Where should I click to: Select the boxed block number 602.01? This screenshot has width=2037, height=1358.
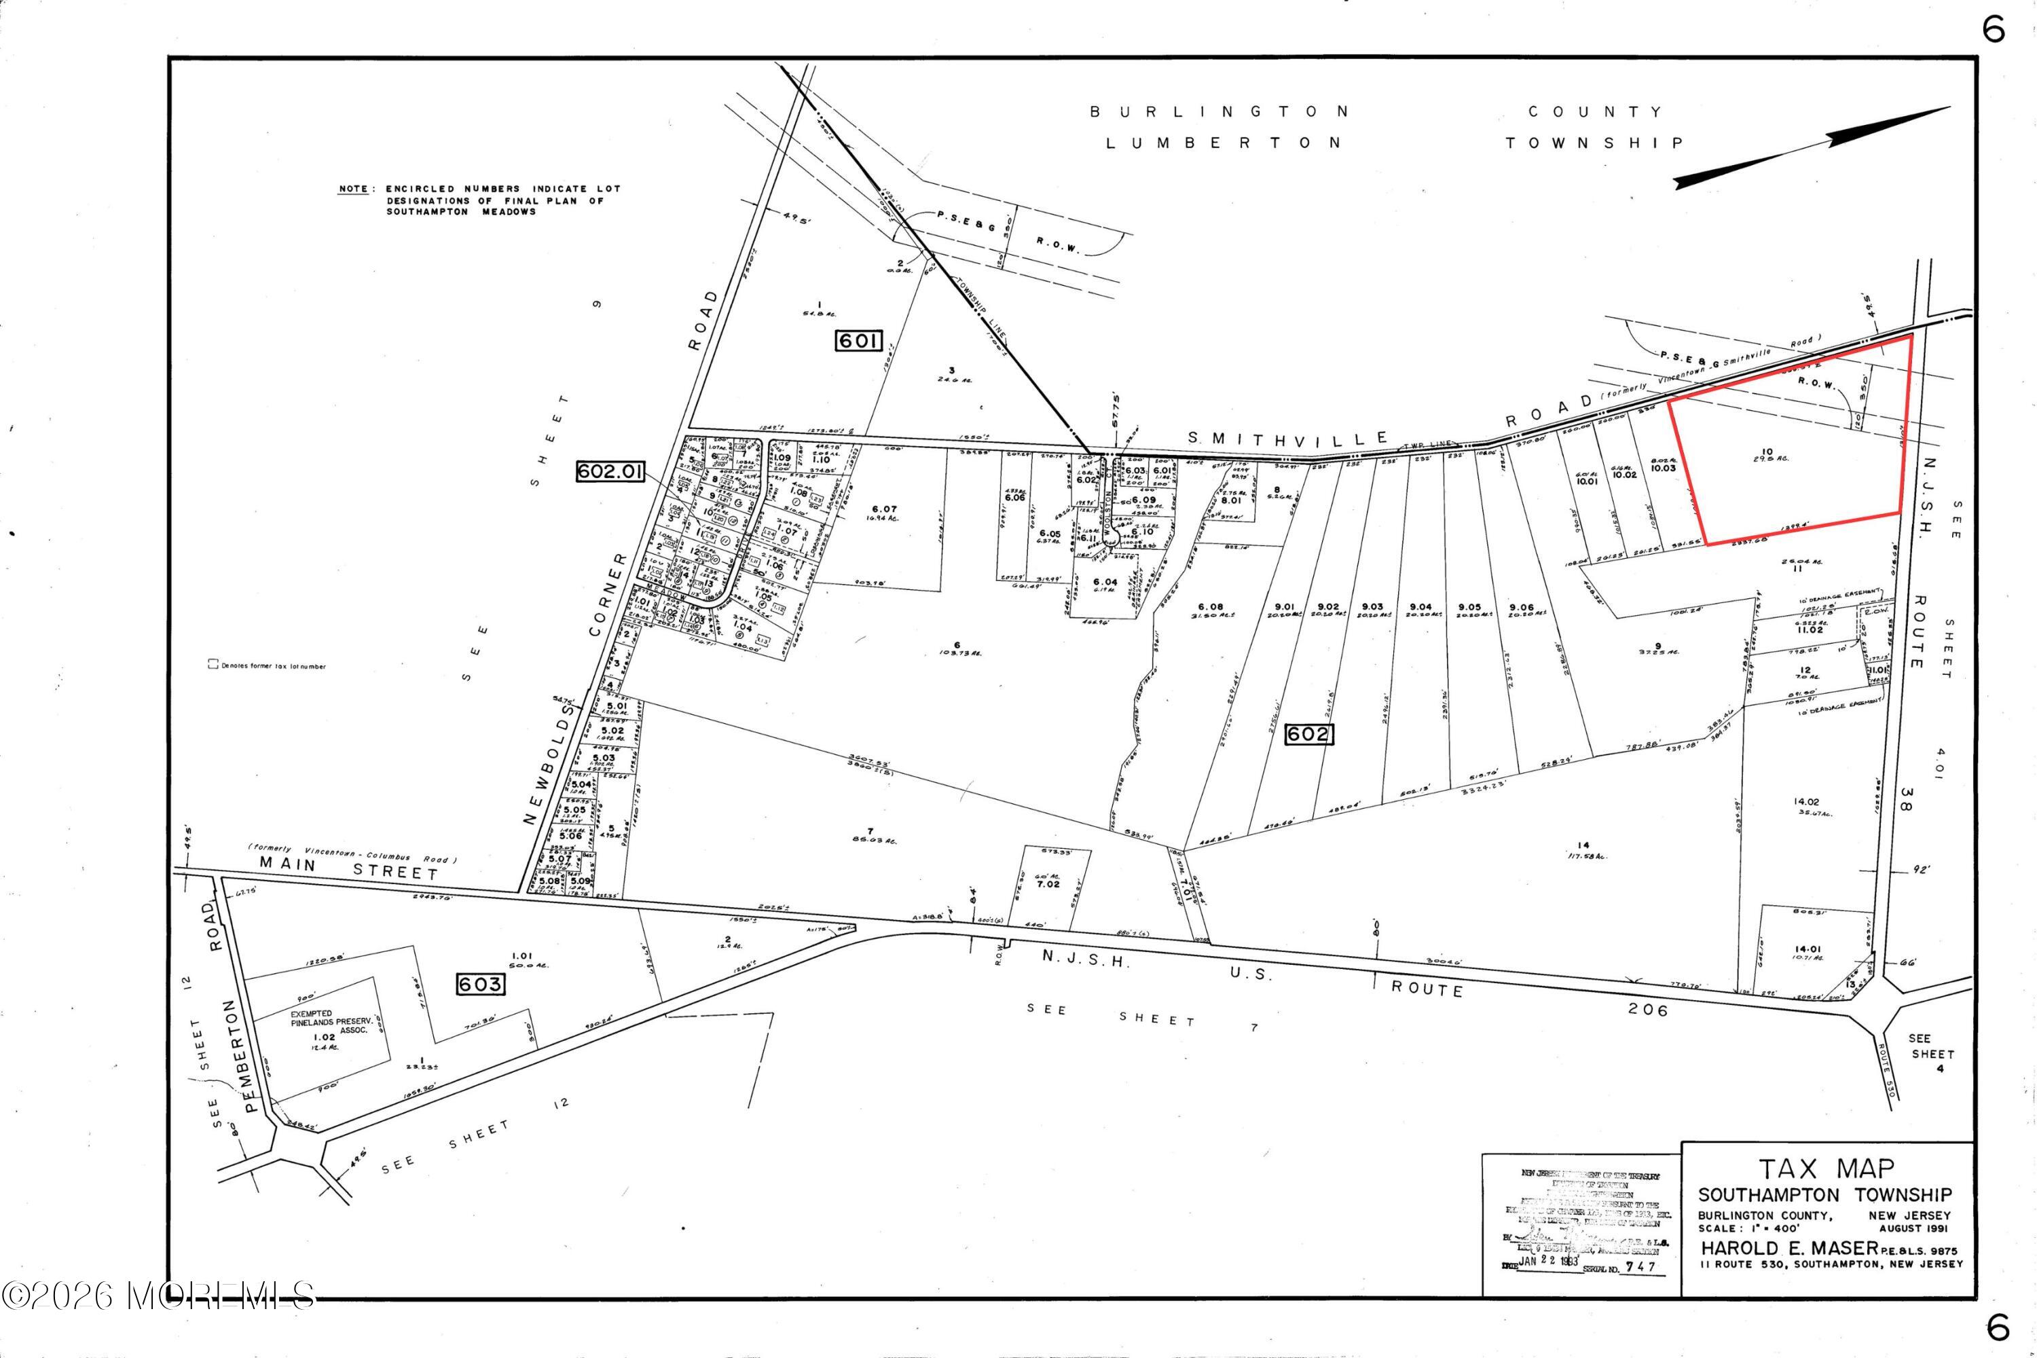pyautogui.click(x=610, y=471)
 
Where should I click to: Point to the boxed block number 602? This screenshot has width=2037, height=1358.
pyautogui.click(x=1308, y=735)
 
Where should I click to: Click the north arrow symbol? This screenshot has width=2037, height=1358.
pyautogui.click(x=1810, y=147)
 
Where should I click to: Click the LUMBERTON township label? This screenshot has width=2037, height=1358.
pyautogui.click(x=1223, y=143)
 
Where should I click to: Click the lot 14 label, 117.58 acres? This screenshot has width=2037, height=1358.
pyautogui.click(x=1584, y=849)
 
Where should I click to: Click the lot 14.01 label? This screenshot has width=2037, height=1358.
pyautogui.click(x=1807, y=949)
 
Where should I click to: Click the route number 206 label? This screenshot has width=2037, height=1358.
pyautogui.click(x=1647, y=1009)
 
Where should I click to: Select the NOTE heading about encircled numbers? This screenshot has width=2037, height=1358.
pyautogui.click(x=352, y=189)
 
